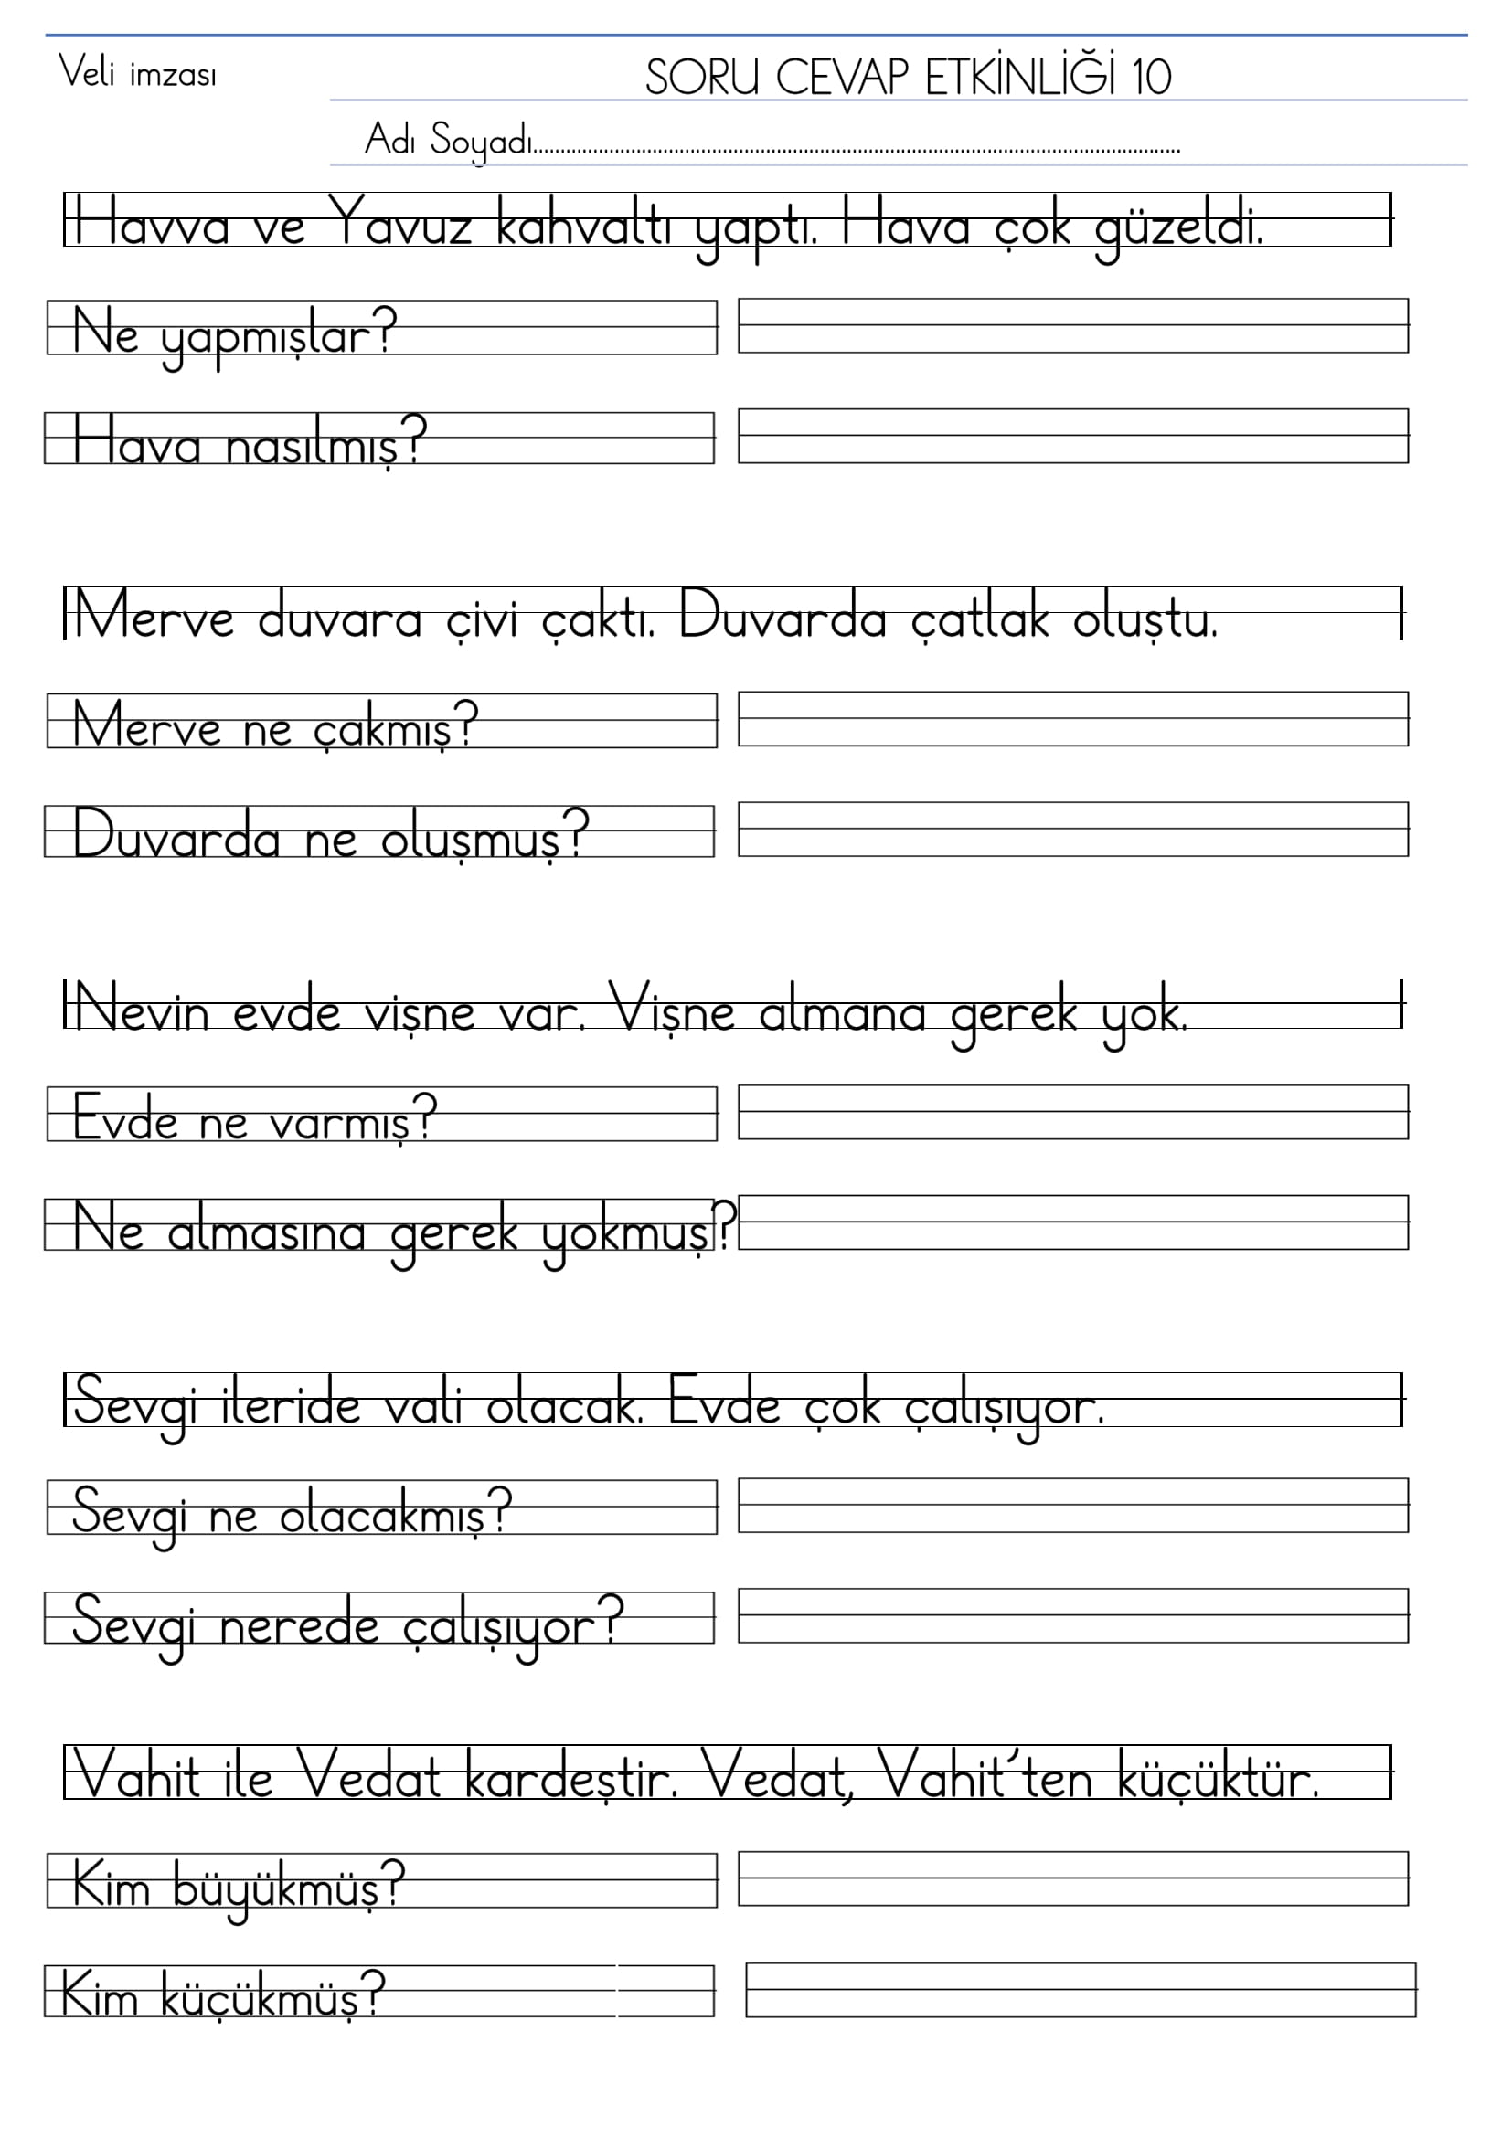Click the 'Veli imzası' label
(138, 72)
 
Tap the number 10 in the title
(1151, 78)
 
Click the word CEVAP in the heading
(841, 78)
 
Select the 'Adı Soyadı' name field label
(448, 142)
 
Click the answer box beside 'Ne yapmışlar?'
(1072, 326)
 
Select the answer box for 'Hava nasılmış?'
(1072, 436)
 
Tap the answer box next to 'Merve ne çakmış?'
(1072, 718)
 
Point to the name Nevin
(142, 1010)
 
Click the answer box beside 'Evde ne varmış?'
(1072, 1111)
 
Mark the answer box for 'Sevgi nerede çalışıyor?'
(1072, 1616)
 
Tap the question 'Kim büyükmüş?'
(238, 1887)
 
